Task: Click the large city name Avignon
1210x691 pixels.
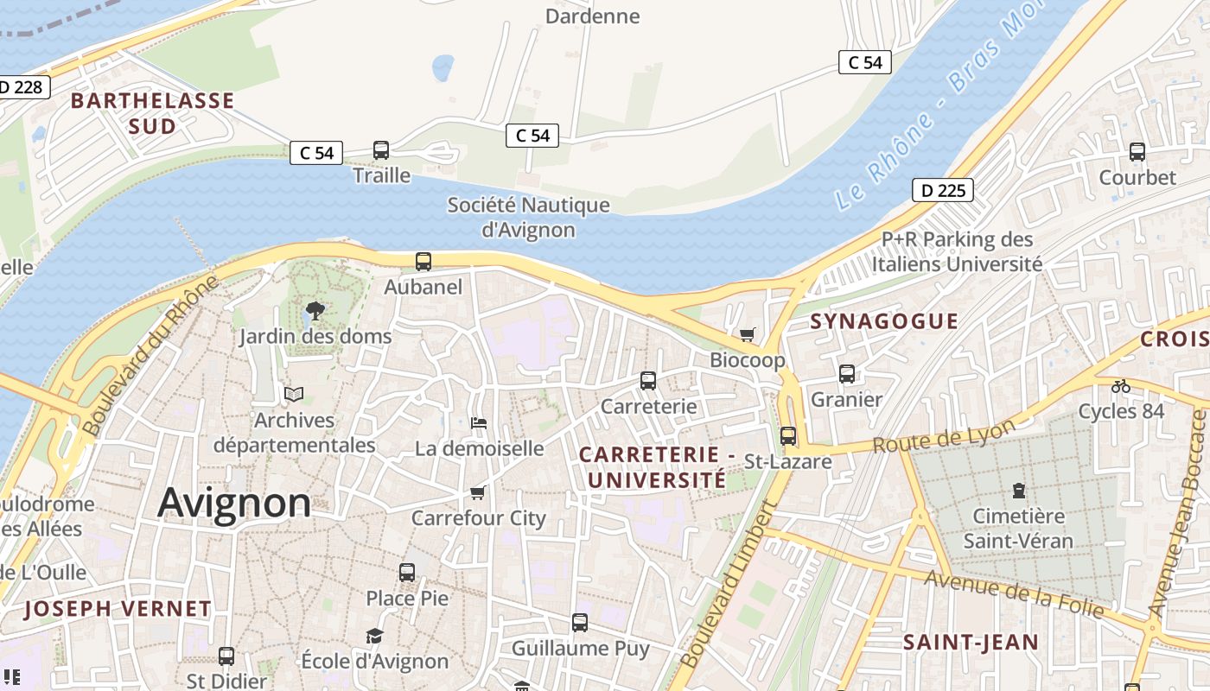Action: coord(234,503)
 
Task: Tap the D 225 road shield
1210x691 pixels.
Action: coord(942,190)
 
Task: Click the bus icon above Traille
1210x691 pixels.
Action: coord(381,150)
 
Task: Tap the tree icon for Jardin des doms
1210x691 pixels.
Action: coord(315,311)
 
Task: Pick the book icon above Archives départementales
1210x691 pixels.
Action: coord(294,395)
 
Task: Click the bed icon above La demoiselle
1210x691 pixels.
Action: coord(479,423)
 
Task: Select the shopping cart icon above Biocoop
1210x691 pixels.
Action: coord(748,334)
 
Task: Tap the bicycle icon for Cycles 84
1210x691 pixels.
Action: coord(1121,385)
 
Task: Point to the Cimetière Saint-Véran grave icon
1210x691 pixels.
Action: coord(1018,491)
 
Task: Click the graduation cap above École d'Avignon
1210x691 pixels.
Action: coord(374,637)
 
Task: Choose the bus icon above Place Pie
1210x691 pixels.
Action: coord(407,572)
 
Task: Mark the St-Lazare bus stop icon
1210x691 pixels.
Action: coord(788,436)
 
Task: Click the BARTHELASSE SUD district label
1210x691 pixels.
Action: coord(152,113)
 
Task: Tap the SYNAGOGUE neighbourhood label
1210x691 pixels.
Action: coord(884,321)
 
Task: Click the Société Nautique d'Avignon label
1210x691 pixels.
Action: coord(528,218)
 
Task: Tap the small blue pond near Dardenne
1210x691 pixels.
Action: coord(443,67)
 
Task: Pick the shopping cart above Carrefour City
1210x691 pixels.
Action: coord(477,492)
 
